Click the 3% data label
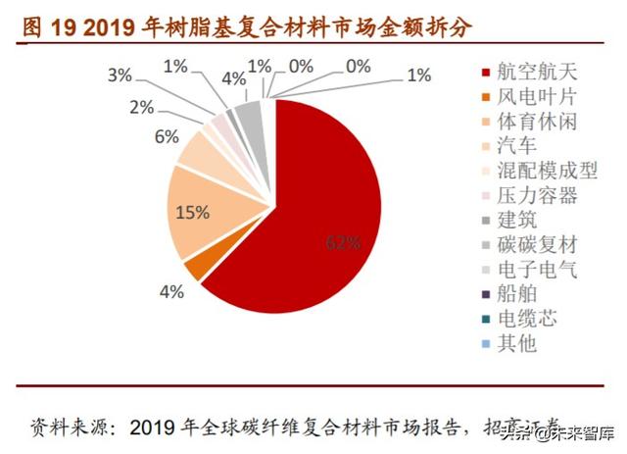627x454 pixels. pos(120,75)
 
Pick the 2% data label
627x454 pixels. pos(142,107)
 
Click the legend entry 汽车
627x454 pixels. pos(517,146)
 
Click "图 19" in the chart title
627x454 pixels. pos(43,23)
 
